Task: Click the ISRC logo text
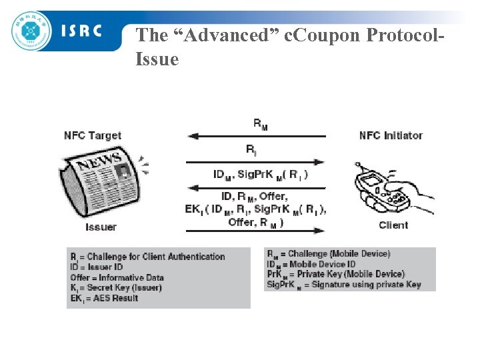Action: tap(82, 31)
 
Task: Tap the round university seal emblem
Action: tap(31, 30)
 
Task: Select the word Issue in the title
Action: tap(157, 59)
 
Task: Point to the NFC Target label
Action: tap(93, 135)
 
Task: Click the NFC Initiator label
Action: tap(391, 135)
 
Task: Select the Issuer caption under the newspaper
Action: tap(101, 227)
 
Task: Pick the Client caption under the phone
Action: tap(393, 225)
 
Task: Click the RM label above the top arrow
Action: tap(261, 123)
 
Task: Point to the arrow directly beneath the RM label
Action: tap(257, 136)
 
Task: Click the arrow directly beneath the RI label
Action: tap(257, 161)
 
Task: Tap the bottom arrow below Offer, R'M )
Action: tap(257, 231)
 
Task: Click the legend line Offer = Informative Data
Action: tap(117, 277)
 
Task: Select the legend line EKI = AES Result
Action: tap(104, 298)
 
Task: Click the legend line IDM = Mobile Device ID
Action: tap(311, 264)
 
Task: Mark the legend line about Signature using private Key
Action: tap(344, 285)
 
